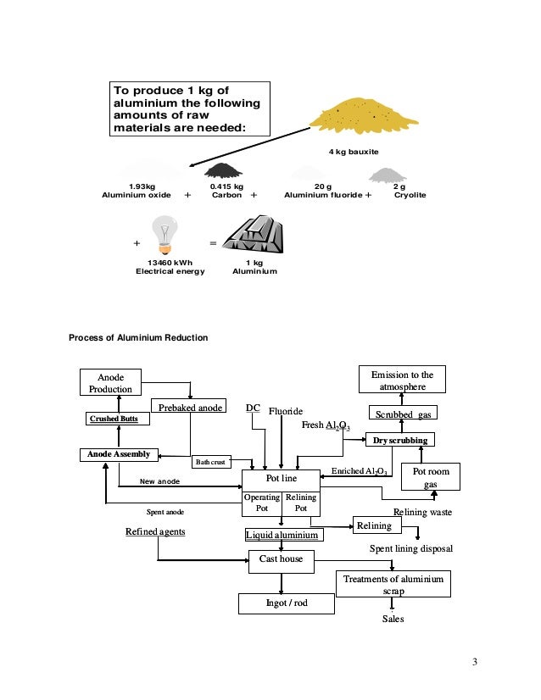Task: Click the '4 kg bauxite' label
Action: [353, 152]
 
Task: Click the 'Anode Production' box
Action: [111, 382]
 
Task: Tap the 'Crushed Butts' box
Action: [116, 419]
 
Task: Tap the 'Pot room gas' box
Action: [436, 478]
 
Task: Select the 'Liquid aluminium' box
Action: [282, 536]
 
